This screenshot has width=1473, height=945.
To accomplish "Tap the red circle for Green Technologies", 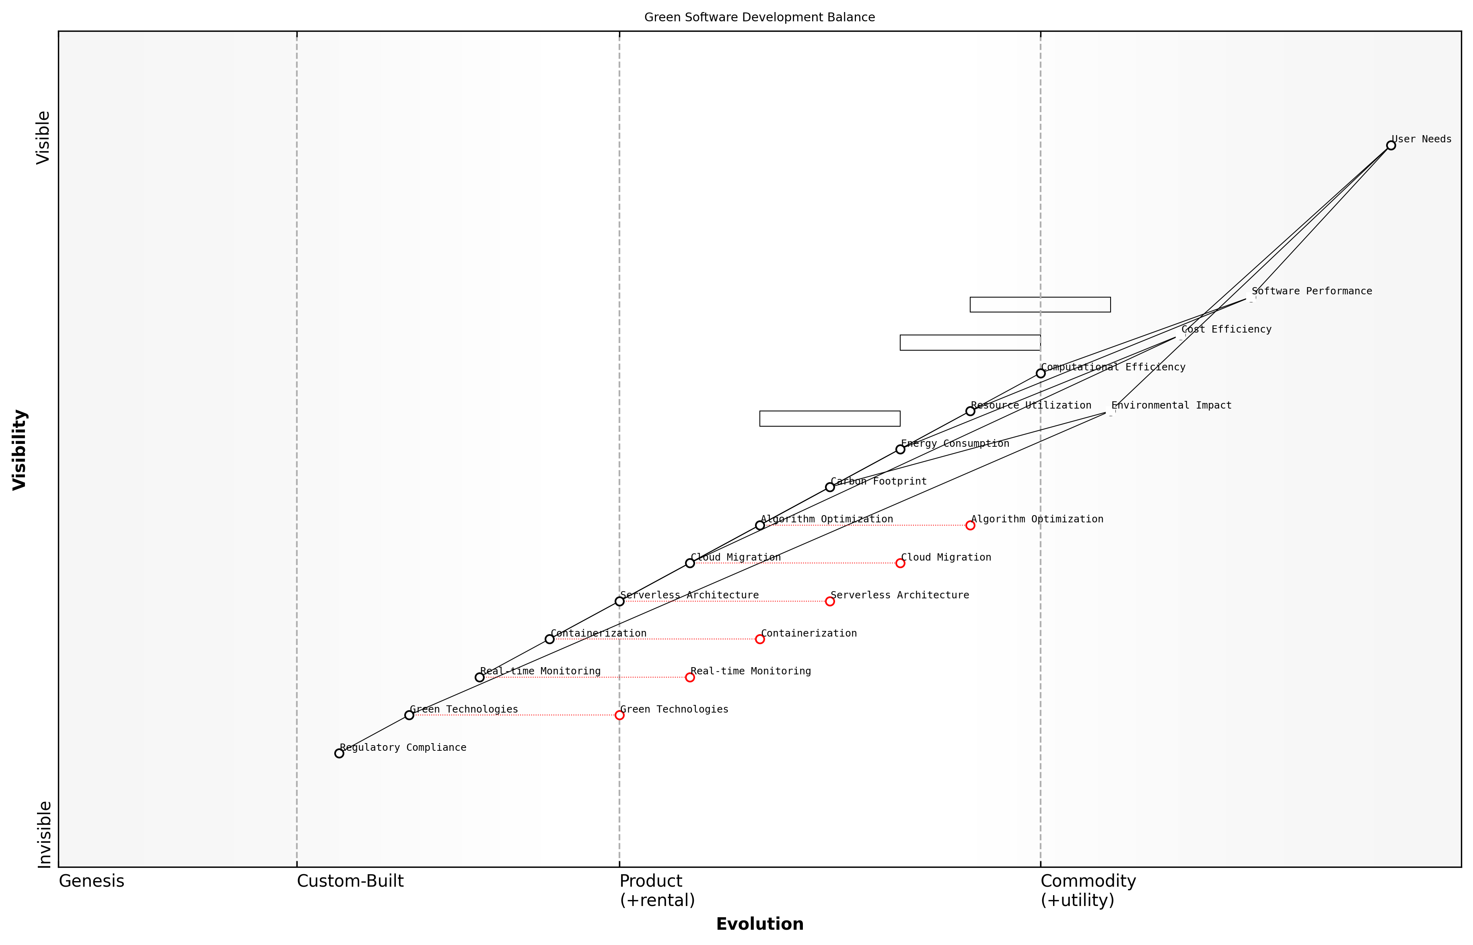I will tap(619, 715).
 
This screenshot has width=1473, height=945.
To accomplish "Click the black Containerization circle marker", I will tap(549, 639).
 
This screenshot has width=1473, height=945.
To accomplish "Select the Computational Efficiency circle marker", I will tap(1040, 373).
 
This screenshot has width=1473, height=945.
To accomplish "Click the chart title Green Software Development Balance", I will tap(759, 17).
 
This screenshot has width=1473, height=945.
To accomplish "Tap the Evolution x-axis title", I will tap(759, 924).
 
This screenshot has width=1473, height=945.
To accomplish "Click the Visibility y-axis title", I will tap(20, 449).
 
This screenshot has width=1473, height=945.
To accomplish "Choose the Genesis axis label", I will tap(91, 881).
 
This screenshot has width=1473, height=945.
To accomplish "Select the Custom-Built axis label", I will tap(350, 881).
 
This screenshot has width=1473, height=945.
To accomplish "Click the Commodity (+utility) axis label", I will tap(1088, 890).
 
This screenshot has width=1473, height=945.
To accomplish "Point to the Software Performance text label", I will tap(1312, 291).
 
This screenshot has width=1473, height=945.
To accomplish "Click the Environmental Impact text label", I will tap(1171, 405).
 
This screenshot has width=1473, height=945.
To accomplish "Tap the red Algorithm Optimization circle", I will tap(970, 525).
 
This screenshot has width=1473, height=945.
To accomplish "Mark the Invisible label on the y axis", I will tap(44, 834).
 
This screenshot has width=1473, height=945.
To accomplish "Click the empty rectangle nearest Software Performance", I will tap(1040, 304).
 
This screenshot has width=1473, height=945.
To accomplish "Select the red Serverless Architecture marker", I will tap(830, 601).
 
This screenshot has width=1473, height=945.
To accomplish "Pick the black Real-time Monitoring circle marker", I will tap(479, 678).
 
